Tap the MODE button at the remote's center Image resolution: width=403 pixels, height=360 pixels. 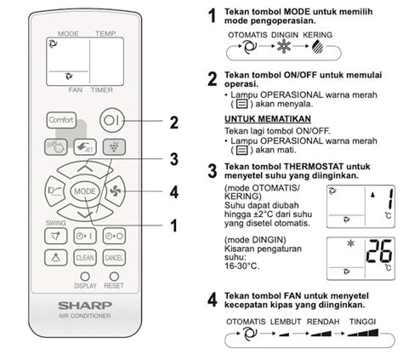(x=84, y=191)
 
